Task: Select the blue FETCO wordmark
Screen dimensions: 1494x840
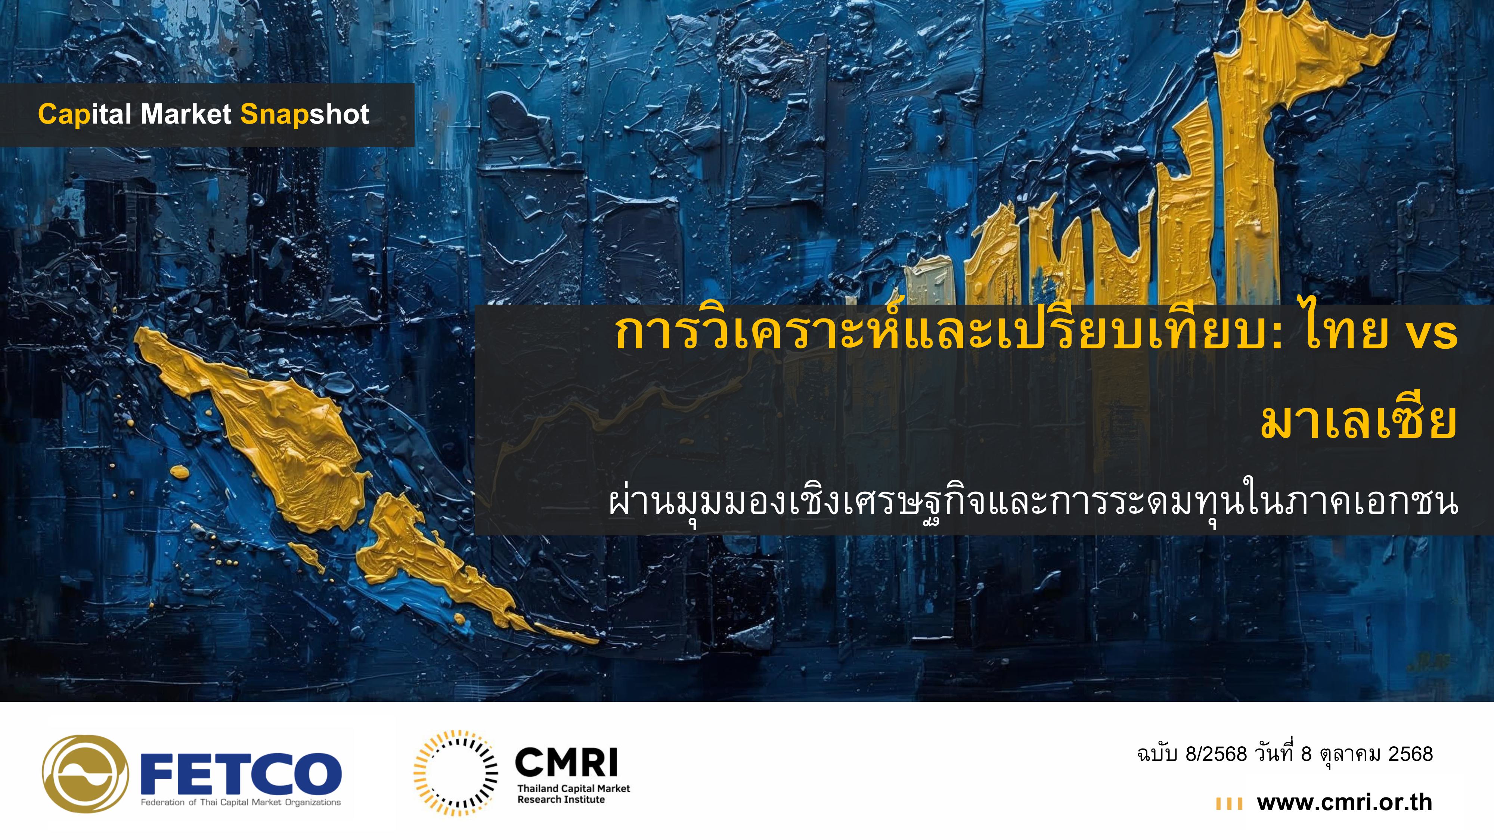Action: point(241,773)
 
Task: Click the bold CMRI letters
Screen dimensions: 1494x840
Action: point(566,762)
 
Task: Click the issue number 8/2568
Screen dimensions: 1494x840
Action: point(1216,754)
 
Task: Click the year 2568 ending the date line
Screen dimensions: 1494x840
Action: point(1410,754)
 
